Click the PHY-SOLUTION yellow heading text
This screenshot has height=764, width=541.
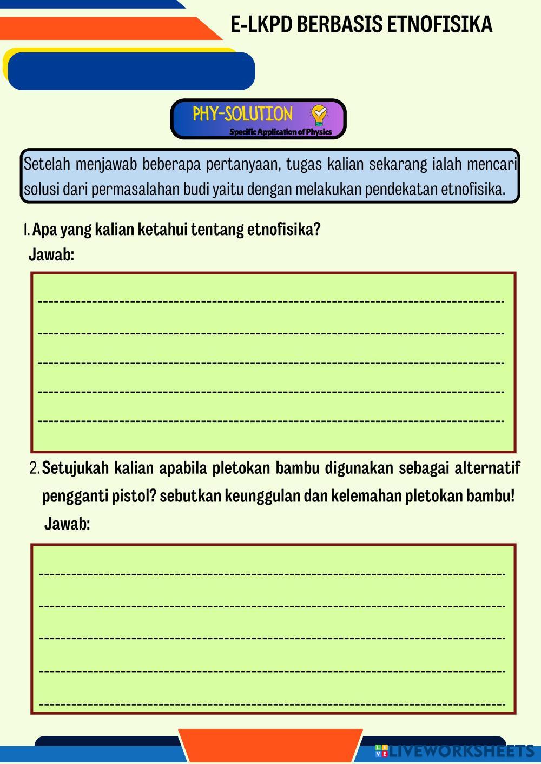(x=242, y=114)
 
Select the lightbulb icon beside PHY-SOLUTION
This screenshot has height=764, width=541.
(x=318, y=115)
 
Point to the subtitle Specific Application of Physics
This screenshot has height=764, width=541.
(x=280, y=132)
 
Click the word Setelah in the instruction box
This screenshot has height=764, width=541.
(x=47, y=164)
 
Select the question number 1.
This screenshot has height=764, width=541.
(x=27, y=230)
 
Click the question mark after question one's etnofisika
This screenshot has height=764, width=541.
(x=317, y=230)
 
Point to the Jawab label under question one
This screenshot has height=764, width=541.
(x=51, y=254)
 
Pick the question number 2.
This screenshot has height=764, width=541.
(x=35, y=468)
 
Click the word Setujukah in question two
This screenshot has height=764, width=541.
(x=75, y=468)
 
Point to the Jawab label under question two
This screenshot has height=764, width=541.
(x=67, y=524)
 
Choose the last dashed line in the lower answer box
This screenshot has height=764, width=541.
(x=272, y=705)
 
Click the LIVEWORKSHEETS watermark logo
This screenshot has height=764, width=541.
(x=454, y=751)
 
